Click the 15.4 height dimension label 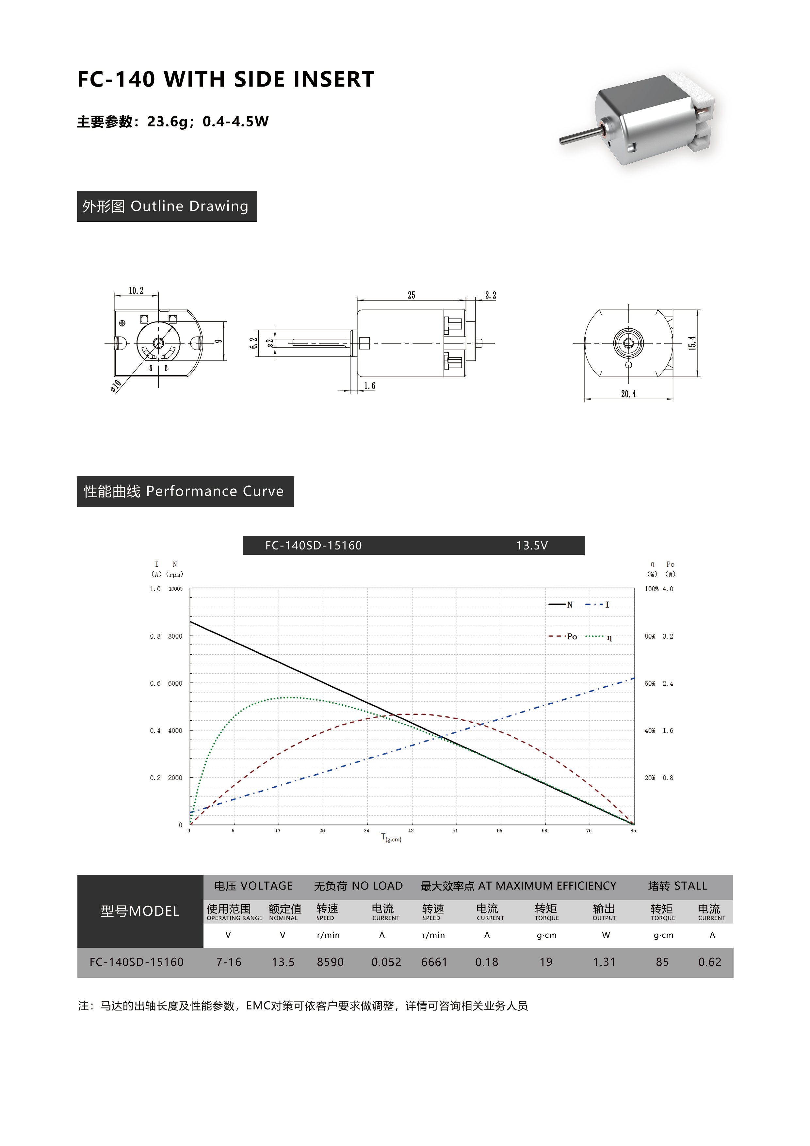(692, 343)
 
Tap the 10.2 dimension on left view (136, 290)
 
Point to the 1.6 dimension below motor (369, 386)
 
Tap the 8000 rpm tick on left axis (175, 636)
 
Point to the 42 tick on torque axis (411, 830)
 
